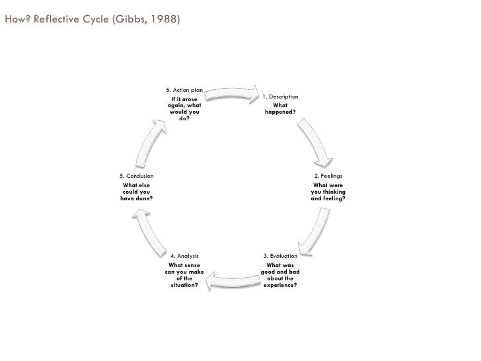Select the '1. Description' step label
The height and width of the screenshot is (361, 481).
[x=280, y=97]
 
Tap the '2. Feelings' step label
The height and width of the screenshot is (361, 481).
[x=328, y=176]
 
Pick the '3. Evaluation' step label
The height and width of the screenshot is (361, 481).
[x=280, y=255]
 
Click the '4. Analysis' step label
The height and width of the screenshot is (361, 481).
[x=184, y=255]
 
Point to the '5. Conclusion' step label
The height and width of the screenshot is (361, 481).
[x=137, y=176]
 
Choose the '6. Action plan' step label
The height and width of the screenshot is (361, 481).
[x=184, y=90]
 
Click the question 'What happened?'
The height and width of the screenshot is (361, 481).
[x=280, y=108]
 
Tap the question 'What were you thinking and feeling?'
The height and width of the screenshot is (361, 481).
[x=328, y=192]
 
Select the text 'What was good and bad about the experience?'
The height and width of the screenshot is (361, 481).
[x=280, y=275]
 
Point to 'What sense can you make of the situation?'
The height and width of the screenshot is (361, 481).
[x=184, y=275]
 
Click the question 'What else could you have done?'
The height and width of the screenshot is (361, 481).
[x=137, y=192]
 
